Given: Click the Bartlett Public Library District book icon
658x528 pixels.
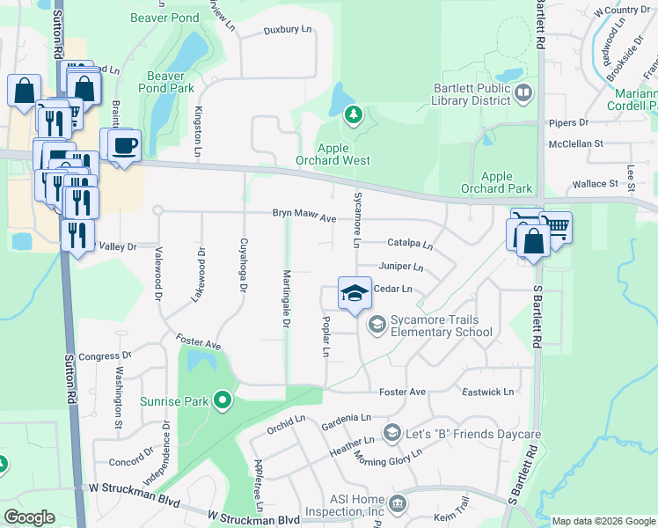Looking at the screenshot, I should tap(523, 92).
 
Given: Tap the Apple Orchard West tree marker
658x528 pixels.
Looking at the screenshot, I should tap(353, 114).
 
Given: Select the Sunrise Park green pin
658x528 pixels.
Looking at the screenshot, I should tap(223, 401).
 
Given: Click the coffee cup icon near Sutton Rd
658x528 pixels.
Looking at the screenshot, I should tap(122, 145).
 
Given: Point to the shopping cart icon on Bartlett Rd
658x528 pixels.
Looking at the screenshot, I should tap(556, 228).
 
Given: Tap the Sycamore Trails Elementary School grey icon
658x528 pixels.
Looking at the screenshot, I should tap(377, 326).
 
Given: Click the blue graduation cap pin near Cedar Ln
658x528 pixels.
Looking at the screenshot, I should tap(354, 293).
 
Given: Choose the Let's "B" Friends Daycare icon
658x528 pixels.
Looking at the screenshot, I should tap(391, 435).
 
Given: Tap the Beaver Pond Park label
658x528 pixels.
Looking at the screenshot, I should tap(171, 82).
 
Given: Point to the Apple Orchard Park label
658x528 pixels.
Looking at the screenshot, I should tap(497, 182).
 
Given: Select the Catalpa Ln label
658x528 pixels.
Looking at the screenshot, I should tap(410, 244).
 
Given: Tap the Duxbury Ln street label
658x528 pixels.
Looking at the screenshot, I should tap(288, 30).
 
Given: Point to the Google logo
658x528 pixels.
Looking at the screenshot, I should tap(30, 517).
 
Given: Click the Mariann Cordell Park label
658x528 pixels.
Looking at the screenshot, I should tap(638, 102).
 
